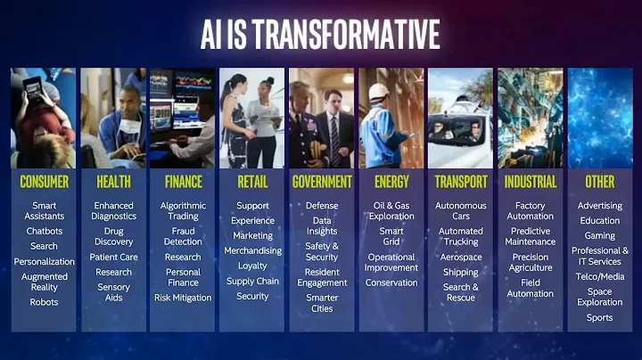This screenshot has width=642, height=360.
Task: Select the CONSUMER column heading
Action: (x=44, y=182)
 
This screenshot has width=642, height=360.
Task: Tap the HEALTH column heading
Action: (x=113, y=182)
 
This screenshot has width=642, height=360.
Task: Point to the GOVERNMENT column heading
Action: (x=322, y=182)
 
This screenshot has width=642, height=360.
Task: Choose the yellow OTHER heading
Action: (x=599, y=182)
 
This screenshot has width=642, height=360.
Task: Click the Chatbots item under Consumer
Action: (x=44, y=231)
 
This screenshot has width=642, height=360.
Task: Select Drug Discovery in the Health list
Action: (x=113, y=236)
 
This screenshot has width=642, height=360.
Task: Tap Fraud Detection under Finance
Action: (x=183, y=236)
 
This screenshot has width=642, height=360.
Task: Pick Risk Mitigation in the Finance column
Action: (x=183, y=298)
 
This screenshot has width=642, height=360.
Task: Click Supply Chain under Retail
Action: (x=252, y=281)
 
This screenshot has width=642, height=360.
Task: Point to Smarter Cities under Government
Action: (x=322, y=303)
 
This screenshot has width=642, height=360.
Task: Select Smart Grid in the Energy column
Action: (x=391, y=236)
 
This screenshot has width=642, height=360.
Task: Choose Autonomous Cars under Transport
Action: (x=461, y=210)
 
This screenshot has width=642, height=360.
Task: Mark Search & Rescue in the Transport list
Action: (x=461, y=292)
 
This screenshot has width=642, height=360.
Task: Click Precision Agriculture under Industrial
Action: (x=531, y=262)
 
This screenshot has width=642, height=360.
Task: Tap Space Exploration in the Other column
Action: (x=599, y=297)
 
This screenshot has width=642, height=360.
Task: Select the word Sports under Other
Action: (x=599, y=318)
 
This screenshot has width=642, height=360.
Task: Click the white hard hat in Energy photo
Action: (x=379, y=92)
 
